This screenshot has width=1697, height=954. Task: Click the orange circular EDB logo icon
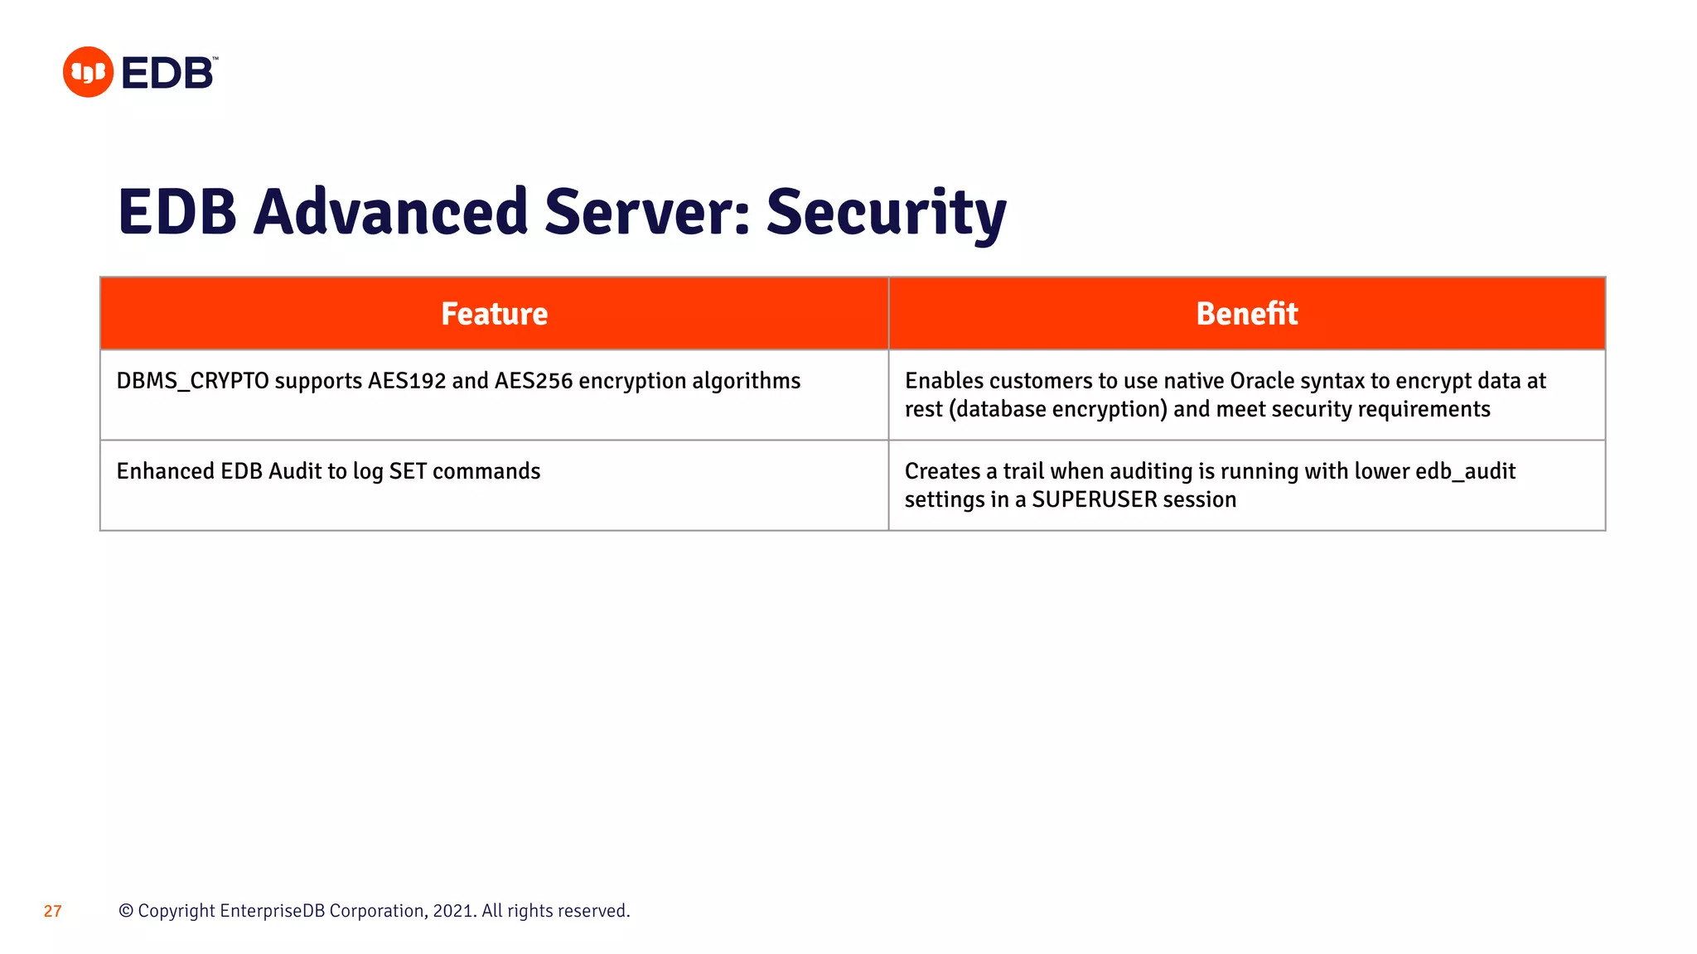point(88,72)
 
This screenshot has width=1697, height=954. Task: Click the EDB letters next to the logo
point(168,74)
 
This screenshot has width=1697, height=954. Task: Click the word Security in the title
point(886,213)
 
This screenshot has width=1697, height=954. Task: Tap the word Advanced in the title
point(390,212)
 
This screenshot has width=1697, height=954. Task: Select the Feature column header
point(494,314)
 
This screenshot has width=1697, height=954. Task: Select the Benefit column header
point(1246,314)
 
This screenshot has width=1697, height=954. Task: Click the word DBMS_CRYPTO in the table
point(192,381)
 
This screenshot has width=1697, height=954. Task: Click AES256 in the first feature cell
point(534,381)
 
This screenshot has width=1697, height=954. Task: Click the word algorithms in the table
point(746,381)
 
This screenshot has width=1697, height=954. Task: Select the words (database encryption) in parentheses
point(1057,409)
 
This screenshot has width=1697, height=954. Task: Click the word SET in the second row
point(408,471)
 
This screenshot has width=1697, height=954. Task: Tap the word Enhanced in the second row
point(165,471)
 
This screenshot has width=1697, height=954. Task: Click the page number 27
point(53,911)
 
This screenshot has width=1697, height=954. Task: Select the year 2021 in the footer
point(452,911)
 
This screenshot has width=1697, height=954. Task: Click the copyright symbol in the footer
point(126,911)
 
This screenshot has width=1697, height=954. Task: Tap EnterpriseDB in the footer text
point(272,911)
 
